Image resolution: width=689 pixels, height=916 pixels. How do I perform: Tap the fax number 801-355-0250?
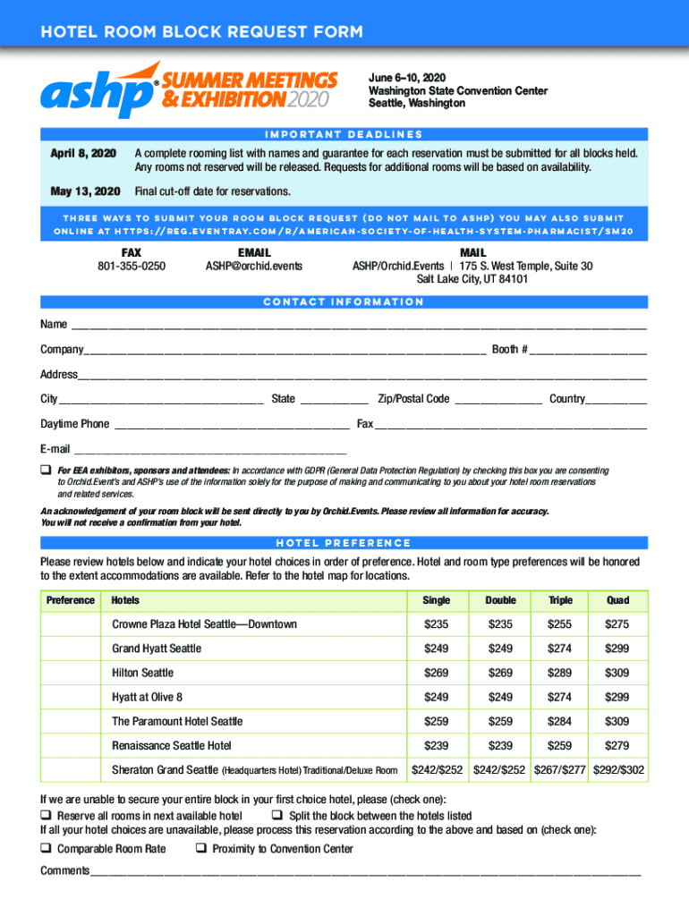tap(131, 266)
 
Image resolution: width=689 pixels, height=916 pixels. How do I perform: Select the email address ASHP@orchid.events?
tap(253, 266)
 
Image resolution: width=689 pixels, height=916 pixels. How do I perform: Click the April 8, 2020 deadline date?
tap(82, 154)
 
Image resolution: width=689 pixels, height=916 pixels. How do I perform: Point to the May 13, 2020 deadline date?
tap(82, 191)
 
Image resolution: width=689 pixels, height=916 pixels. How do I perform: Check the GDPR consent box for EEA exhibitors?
tap(45, 470)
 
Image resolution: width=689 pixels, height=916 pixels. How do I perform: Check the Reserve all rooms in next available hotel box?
tap(45, 816)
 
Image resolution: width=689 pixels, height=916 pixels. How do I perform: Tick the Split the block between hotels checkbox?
tap(276, 816)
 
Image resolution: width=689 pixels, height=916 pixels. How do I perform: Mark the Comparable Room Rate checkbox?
tap(45, 849)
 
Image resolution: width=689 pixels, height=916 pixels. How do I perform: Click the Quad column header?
tap(617, 600)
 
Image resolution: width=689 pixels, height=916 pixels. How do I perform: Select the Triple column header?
tap(560, 600)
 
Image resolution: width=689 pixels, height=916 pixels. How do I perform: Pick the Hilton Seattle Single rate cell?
tap(437, 673)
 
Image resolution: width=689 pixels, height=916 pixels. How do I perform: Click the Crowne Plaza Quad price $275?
tap(617, 624)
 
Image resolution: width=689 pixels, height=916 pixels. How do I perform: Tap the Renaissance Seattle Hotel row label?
tap(172, 745)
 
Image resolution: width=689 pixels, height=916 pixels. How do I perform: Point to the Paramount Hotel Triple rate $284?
tap(560, 721)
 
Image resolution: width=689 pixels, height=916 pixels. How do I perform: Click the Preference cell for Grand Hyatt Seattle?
tap(71, 649)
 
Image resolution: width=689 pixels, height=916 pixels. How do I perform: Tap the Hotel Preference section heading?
tap(344, 542)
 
